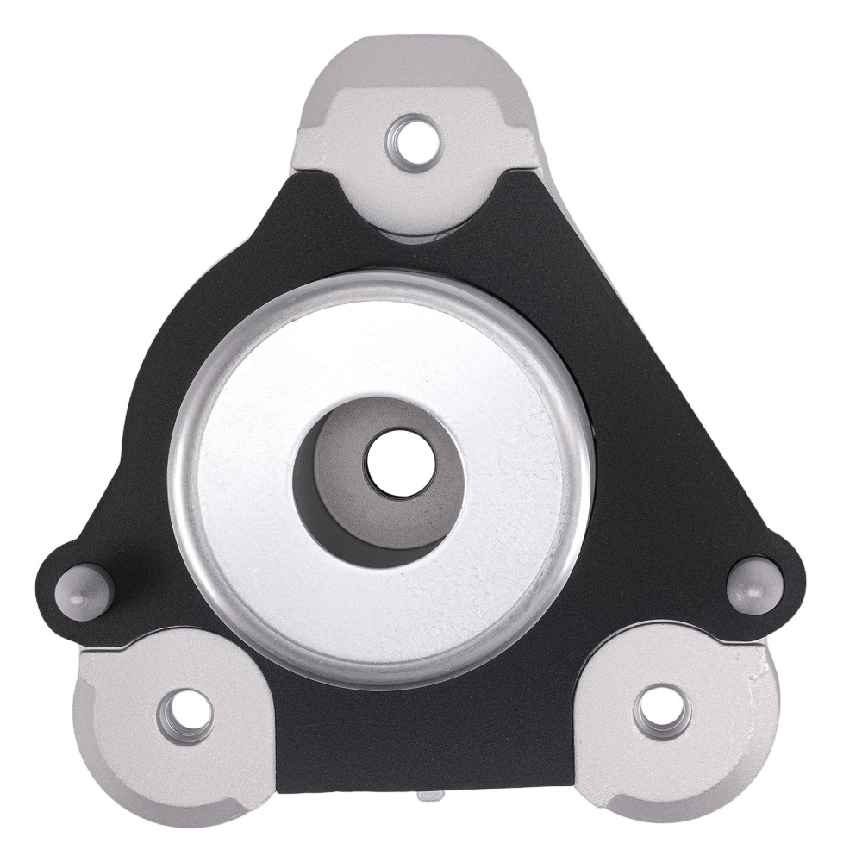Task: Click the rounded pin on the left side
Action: [x=84, y=590]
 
